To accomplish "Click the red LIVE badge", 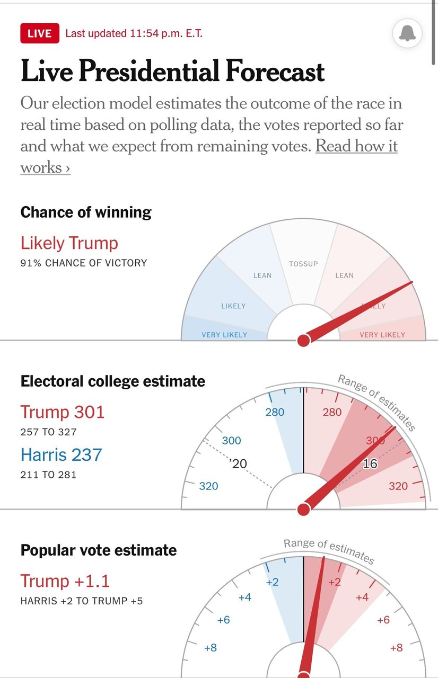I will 40,33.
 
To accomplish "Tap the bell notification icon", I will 407,34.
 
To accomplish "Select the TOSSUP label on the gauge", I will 303,264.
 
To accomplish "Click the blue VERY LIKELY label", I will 224,335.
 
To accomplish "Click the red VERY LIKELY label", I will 382,335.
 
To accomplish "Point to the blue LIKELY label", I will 233,306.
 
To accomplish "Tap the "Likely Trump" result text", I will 69,243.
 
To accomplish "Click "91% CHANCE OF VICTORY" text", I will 83,263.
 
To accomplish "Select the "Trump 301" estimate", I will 63,412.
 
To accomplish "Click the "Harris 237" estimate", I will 61,454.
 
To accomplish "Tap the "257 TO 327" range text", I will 48,432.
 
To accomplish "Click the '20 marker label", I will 238,464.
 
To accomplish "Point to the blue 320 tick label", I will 208,486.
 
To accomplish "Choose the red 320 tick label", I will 398,486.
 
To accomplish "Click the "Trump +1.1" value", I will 65,581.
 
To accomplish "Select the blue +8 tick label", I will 210,647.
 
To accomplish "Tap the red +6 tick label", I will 383,620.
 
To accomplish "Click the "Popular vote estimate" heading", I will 99,550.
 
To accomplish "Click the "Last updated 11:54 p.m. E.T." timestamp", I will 134,33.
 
